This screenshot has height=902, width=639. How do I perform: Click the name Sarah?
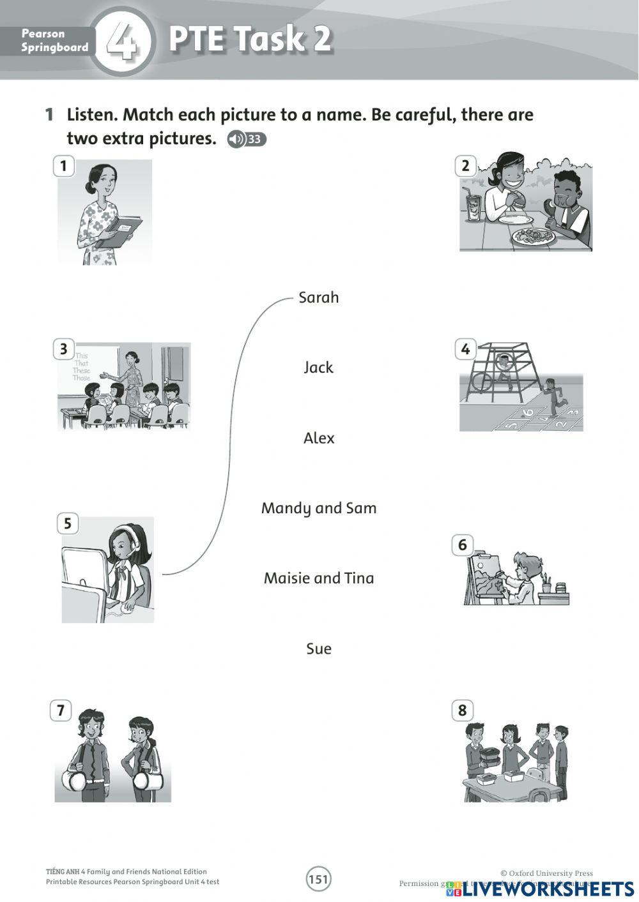click(318, 297)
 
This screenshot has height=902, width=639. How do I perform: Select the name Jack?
click(318, 368)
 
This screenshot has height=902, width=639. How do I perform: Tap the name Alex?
click(319, 438)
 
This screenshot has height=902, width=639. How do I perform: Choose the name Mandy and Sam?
click(319, 508)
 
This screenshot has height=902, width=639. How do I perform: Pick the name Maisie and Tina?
click(319, 578)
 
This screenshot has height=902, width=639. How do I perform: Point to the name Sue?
click(319, 649)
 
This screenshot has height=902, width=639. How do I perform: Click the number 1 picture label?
click(63, 167)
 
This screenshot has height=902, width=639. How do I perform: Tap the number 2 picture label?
click(465, 167)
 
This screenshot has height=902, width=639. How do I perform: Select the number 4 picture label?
click(465, 349)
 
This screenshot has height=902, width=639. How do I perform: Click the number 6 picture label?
click(463, 545)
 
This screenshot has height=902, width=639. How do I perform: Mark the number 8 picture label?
click(463, 710)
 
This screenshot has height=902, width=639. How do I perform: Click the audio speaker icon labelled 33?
click(246, 139)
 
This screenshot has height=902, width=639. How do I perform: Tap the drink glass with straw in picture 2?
click(473, 206)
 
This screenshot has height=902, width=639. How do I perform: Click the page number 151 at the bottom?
click(318, 880)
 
